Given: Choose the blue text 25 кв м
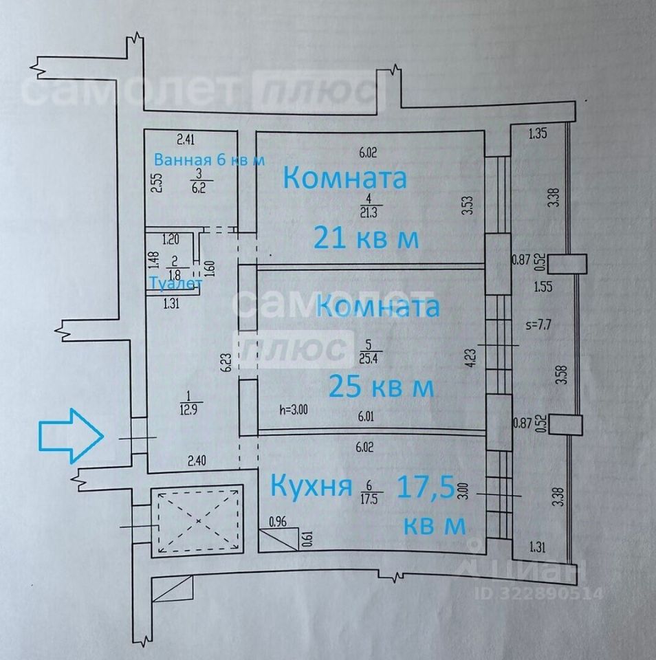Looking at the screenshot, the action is pos(382,386).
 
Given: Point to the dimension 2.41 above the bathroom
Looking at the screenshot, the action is pos(186,140).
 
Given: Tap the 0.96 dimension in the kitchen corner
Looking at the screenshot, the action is pos(278,521).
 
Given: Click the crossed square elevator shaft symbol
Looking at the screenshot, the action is pos(197,520).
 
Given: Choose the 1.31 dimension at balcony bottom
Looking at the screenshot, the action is pos(539,547).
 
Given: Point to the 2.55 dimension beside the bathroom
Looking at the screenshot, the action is pos(157,184).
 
